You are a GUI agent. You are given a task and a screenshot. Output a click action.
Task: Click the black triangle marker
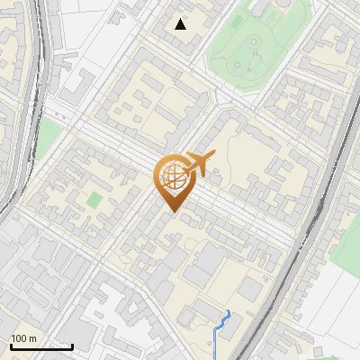(x=181, y=24)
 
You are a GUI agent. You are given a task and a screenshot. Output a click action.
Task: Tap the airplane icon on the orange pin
(x=196, y=165)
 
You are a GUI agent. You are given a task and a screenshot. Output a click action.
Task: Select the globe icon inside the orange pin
(x=173, y=178)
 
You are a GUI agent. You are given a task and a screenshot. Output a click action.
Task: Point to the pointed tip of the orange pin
(x=173, y=211)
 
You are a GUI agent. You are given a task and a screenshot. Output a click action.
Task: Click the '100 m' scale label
(x=23, y=338)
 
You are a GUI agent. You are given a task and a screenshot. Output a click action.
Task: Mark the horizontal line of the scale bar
(x=41, y=346)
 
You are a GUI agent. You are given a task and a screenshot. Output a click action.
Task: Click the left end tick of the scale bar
(x=11, y=345)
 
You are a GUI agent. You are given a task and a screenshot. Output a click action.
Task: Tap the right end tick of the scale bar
(x=72, y=345)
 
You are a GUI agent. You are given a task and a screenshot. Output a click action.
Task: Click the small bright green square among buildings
(x=94, y=200)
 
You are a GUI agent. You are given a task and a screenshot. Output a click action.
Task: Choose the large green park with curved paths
(x=247, y=54)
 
